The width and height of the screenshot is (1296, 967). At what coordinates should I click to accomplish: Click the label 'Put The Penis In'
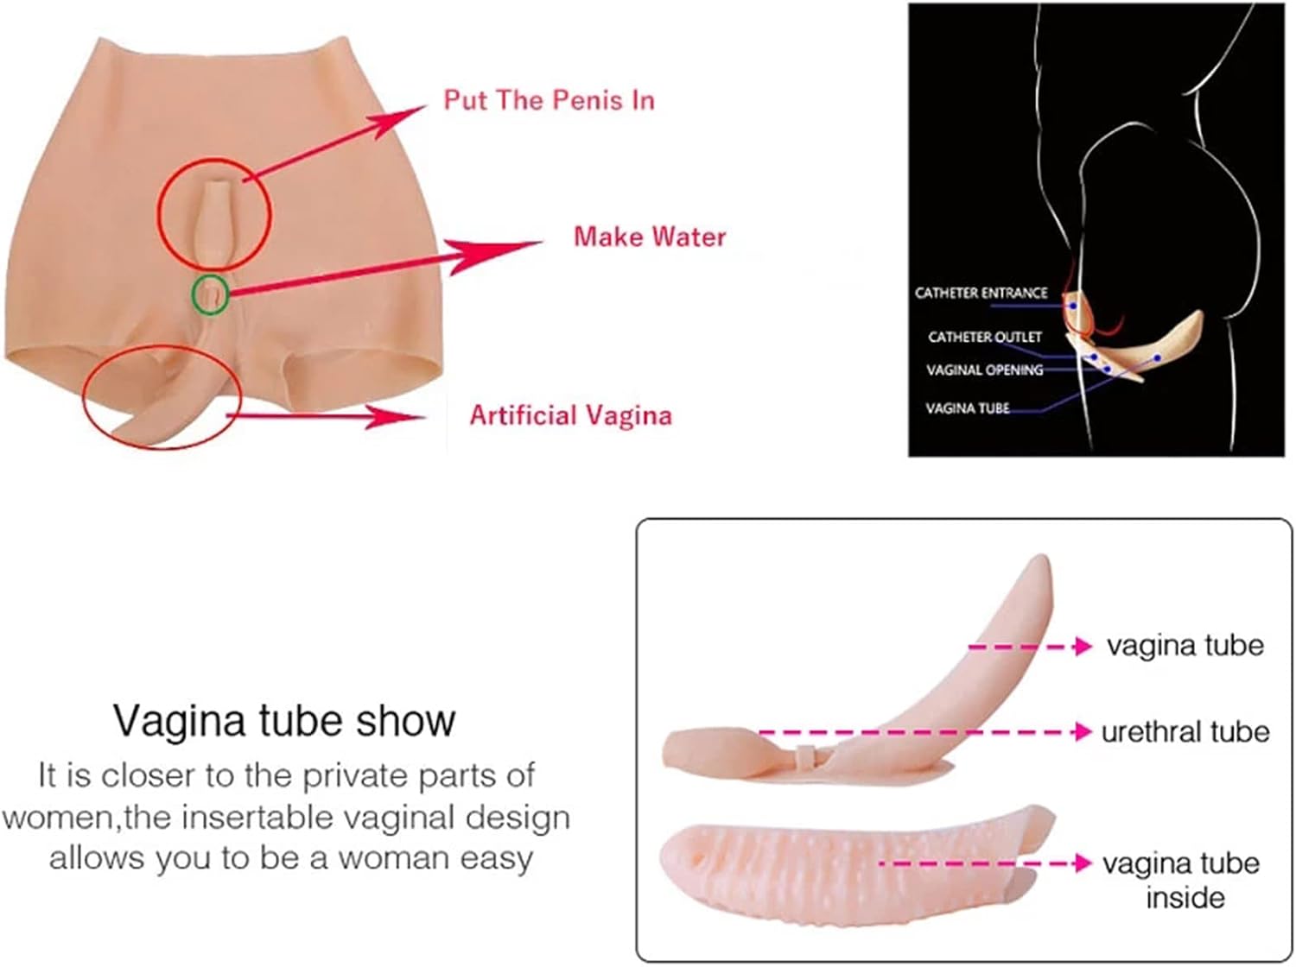(x=549, y=100)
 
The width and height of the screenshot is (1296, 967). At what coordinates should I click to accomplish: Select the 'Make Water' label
(x=650, y=237)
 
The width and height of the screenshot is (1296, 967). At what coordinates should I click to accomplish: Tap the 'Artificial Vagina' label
(x=570, y=415)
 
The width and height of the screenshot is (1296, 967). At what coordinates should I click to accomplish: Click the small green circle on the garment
(x=210, y=294)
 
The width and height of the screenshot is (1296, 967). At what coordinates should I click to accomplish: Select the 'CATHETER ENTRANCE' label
(x=981, y=294)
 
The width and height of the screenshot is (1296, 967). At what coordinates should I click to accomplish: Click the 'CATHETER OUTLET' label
(x=985, y=337)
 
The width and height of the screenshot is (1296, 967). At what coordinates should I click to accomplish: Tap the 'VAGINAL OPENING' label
(x=985, y=370)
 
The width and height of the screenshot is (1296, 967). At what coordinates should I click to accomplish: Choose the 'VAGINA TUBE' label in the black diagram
(x=968, y=408)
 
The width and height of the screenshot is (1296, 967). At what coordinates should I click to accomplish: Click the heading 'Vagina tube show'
(x=283, y=720)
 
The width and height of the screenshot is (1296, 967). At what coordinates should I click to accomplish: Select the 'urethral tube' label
(x=1185, y=732)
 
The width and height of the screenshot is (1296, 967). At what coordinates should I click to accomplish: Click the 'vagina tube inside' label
(x=1182, y=880)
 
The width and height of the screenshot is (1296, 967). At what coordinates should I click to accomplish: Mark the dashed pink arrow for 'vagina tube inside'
(x=985, y=863)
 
